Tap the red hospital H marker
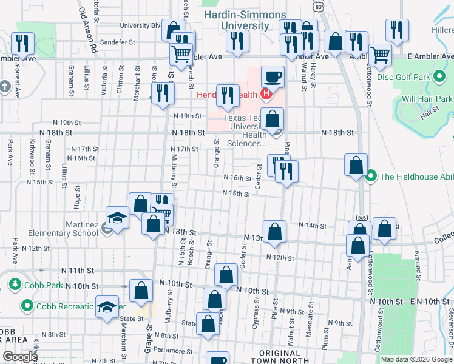[265, 94]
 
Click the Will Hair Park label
[427, 98]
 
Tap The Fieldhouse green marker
[371, 177]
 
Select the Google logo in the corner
[20, 357]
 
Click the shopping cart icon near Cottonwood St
[381, 54]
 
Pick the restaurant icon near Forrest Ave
[23, 43]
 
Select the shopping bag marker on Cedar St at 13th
[275, 231]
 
